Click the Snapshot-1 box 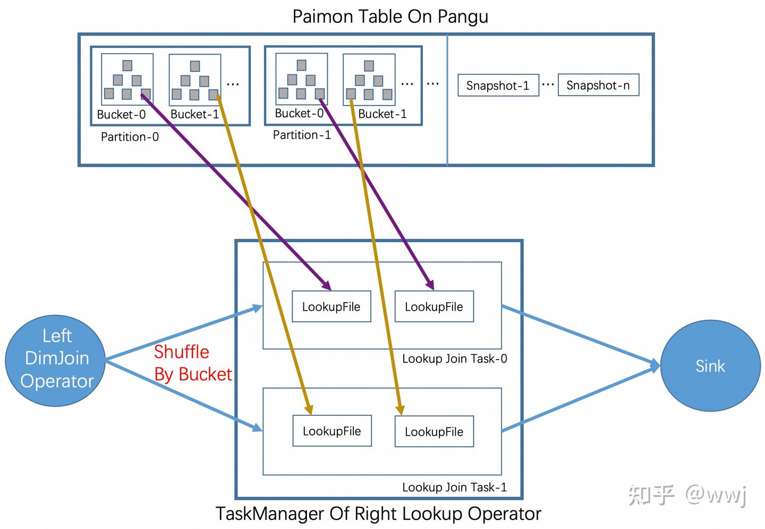pyautogui.click(x=498, y=86)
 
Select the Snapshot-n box pyautogui.click(x=598, y=86)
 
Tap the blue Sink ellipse pyautogui.click(x=710, y=366)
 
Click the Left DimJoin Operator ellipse pyautogui.click(x=56, y=359)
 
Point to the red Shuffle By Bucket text pyautogui.click(x=192, y=363)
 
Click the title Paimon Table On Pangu pyautogui.click(x=390, y=16)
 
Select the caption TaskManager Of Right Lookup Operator pyautogui.click(x=378, y=514)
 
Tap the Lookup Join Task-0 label pyautogui.click(x=454, y=359)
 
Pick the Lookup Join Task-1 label pyautogui.click(x=454, y=488)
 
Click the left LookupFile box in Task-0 pyautogui.click(x=331, y=306)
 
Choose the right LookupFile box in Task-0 pyautogui.click(x=434, y=306)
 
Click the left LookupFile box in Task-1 pyautogui.click(x=331, y=431)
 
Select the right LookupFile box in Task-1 pyautogui.click(x=434, y=432)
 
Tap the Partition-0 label pyautogui.click(x=130, y=137)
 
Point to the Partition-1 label pyautogui.click(x=302, y=135)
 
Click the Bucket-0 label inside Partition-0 pyautogui.click(x=121, y=115)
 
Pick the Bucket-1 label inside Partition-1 pyautogui.click(x=382, y=114)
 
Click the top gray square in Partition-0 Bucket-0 pyautogui.click(x=127, y=65)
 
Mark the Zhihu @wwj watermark pyautogui.click(x=688, y=495)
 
